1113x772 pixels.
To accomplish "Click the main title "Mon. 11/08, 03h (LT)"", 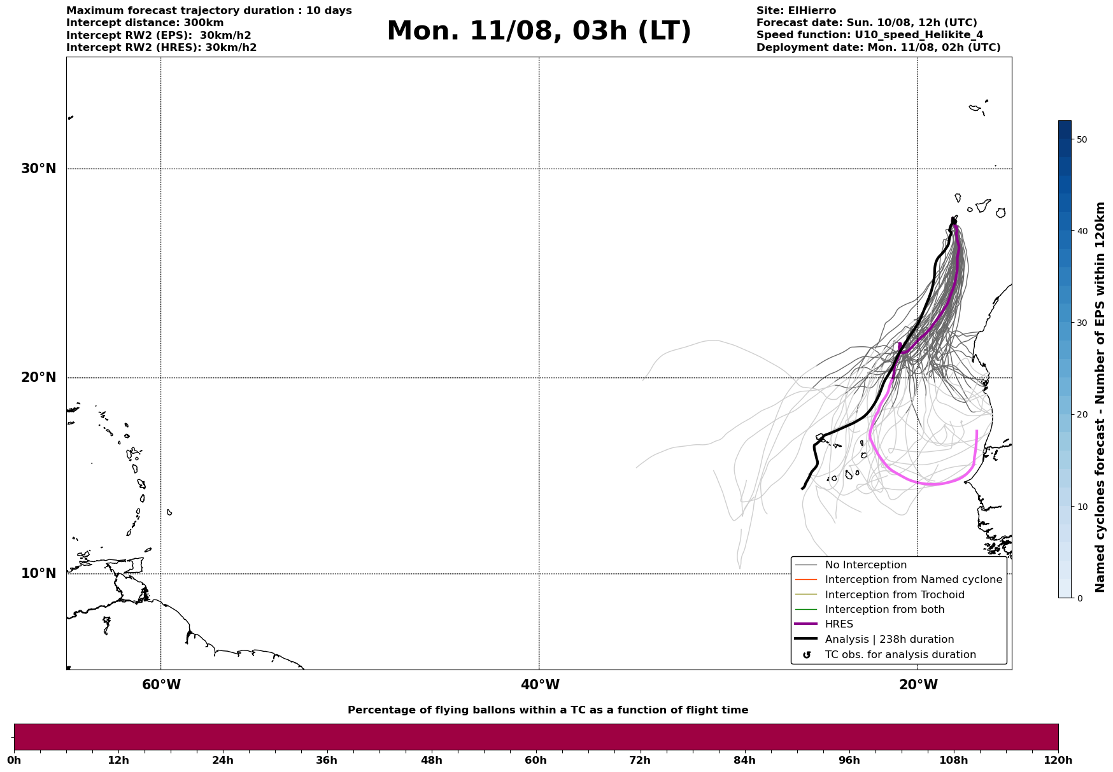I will tap(539, 31).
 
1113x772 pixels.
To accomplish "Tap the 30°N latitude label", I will tap(39, 169).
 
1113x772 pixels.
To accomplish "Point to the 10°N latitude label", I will tap(39, 573).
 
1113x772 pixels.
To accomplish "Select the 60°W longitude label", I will tap(161, 685).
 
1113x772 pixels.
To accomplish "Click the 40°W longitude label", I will tap(540, 685).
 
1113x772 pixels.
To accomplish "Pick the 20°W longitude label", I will tap(918, 685).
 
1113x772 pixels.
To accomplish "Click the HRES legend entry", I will tap(839, 624).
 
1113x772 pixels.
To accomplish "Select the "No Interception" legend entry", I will tap(865, 565).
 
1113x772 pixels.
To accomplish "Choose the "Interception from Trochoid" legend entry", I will tap(894, 595).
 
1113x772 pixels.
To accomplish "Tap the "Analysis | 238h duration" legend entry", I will tap(889, 640).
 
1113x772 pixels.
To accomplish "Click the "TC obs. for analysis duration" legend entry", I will tap(900, 655).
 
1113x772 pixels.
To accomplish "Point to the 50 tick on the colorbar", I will tap(1081, 139).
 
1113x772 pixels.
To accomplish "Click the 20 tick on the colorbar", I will tap(1081, 415).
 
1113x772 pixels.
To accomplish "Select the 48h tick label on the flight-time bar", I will tap(431, 761).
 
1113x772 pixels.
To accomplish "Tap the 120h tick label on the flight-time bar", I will tap(1058, 761).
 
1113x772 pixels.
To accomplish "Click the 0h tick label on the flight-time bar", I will tap(15, 761).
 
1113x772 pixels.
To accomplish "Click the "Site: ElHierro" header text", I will tap(796, 11).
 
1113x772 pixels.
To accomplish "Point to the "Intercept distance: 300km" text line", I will tap(145, 23).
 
